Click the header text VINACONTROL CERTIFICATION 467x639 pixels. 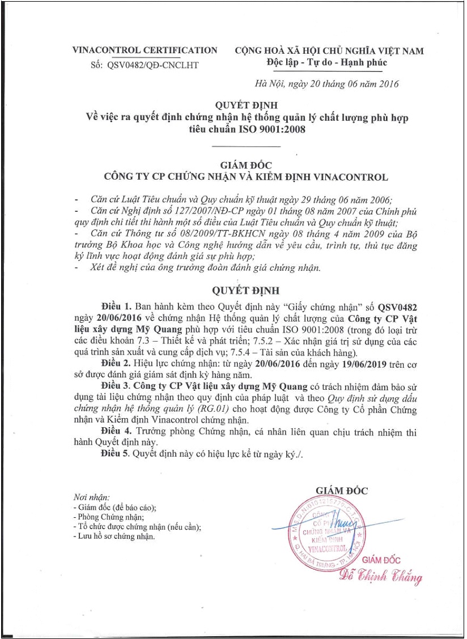click(145, 50)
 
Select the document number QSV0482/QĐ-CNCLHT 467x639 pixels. click(152, 65)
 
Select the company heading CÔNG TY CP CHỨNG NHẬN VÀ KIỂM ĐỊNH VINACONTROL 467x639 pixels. click(245, 177)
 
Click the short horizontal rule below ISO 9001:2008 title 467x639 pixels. click(245, 147)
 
